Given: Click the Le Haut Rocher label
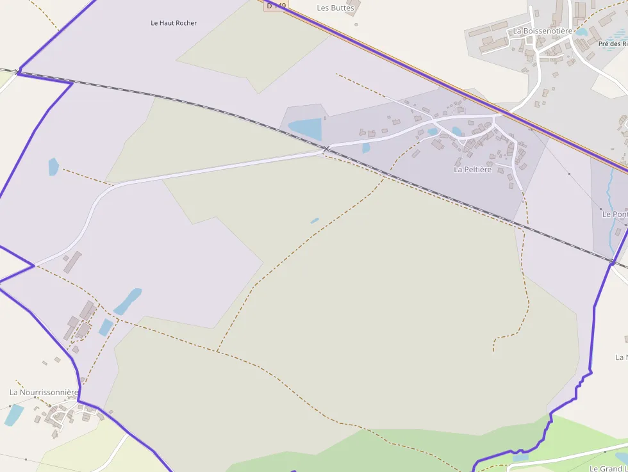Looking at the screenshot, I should (x=174, y=23).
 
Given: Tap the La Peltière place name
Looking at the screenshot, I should (x=472, y=170).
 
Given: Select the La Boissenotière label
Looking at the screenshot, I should (x=542, y=31).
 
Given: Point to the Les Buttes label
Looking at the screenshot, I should (x=335, y=8).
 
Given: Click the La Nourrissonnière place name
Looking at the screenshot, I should (x=44, y=392).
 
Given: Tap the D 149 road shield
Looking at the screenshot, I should (x=276, y=5).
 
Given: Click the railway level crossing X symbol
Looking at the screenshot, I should (x=326, y=149).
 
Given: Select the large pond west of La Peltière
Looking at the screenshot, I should (x=305, y=129).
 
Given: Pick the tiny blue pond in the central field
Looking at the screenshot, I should (x=315, y=221).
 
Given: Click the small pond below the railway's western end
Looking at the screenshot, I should (x=53, y=167).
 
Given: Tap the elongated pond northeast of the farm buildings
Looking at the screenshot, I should (x=128, y=301).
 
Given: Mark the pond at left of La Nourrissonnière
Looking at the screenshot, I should (x=13, y=414).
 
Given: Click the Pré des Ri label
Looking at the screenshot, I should (x=613, y=44).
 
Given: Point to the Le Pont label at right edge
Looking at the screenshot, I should (x=615, y=215).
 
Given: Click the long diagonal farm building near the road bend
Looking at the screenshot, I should (x=72, y=262).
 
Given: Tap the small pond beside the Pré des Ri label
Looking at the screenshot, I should (x=582, y=31).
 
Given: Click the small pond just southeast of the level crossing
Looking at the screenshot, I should (x=366, y=148).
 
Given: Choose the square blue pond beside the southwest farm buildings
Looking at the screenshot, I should (x=105, y=327).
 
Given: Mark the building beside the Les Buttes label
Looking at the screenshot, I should (x=351, y=8).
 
